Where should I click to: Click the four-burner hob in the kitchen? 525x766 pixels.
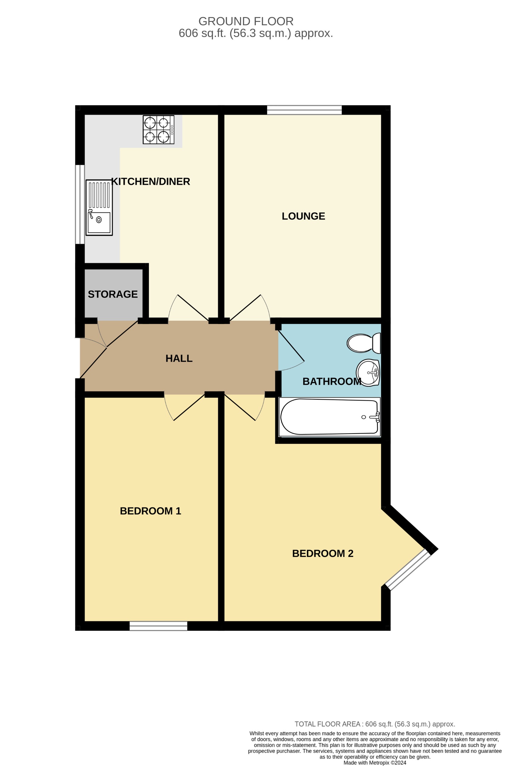point(158,129)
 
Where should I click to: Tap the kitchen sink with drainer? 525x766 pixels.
point(99,207)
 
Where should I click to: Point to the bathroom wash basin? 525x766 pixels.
point(368,372)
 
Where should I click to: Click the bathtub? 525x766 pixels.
point(329,417)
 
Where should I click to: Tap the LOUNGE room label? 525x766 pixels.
point(303,216)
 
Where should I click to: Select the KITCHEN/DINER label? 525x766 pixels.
point(151,181)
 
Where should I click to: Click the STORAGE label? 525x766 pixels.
point(113,294)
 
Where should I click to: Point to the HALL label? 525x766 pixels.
point(179,358)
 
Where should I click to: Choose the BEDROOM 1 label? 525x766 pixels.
point(151,511)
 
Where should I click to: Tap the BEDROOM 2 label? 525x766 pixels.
point(323,554)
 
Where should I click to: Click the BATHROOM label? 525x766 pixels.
point(331,381)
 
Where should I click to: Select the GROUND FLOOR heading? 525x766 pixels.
point(246,21)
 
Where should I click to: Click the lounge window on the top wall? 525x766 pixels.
point(304,110)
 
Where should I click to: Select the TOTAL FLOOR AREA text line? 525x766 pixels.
point(374,724)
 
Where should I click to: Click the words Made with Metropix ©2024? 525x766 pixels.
point(374,763)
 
